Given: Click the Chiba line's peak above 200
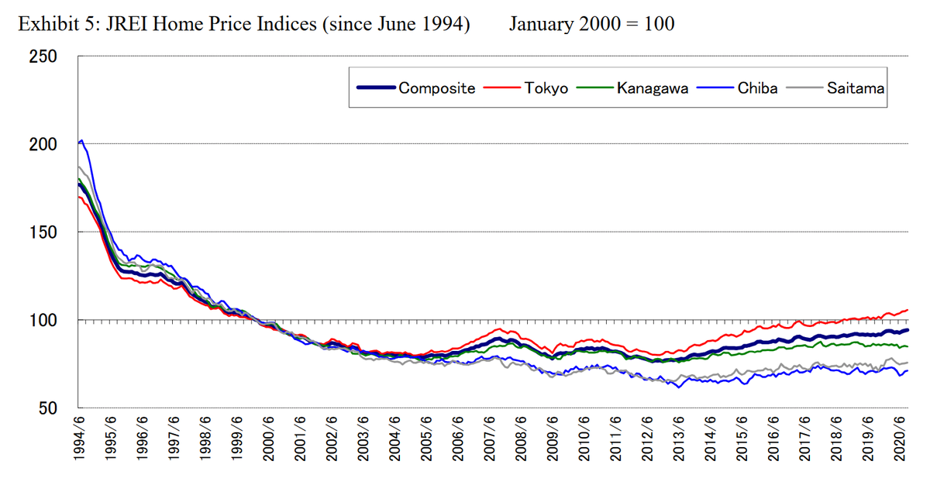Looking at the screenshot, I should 82,140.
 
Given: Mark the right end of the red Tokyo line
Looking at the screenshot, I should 908,310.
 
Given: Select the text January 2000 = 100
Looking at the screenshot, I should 591,24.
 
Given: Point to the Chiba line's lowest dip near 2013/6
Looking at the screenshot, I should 679,387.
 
